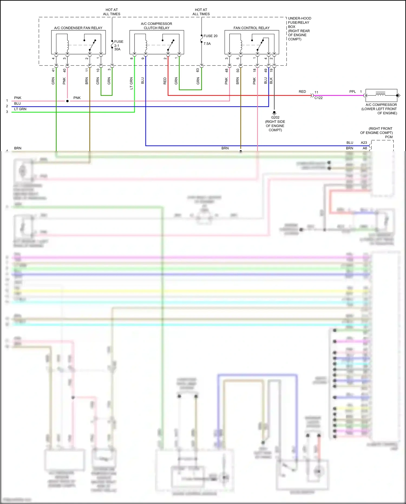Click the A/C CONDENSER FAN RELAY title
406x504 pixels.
[x=78, y=28]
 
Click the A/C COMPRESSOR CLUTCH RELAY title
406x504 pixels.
[x=156, y=26]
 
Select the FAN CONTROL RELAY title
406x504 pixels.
[x=251, y=28]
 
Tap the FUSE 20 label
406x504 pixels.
[x=210, y=36]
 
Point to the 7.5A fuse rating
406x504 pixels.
[x=207, y=44]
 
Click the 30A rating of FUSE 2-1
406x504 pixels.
[x=117, y=49]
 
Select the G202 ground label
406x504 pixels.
[x=275, y=117]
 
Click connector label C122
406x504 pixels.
[x=318, y=98]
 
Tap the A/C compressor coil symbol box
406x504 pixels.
[x=381, y=95]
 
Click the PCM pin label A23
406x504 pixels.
[x=364, y=142]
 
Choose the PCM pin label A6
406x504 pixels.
[x=365, y=148]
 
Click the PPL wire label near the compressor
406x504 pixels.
[x=352, y=92]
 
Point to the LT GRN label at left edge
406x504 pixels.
[x=20, y=109]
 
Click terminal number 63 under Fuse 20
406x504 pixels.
[x=198, y=70]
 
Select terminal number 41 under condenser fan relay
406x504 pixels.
[x=53, y=70]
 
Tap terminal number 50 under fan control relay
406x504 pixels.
[x=238, y=70]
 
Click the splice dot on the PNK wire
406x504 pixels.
[x=67, y=101]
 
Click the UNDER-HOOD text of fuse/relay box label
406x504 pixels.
[x=299, y=18]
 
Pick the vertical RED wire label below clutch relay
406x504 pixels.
[x=165, y=81]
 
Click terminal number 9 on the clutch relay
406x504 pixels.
[x=143, y=58]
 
